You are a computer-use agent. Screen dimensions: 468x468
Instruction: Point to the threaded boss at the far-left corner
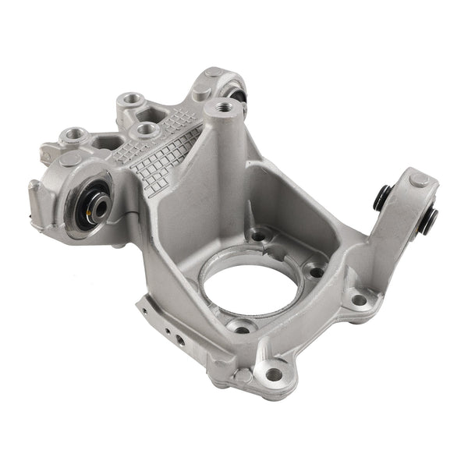pos(74,134)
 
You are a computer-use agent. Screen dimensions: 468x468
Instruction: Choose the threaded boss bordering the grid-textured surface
pos(145,129)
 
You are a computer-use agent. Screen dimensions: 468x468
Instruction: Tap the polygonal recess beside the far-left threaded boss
pos(106,143)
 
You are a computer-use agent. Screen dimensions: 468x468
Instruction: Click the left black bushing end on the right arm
pos(381,197)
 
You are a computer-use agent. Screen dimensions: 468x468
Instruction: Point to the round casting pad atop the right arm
pos(419,179)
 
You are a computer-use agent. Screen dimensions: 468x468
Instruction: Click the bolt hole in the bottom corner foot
pos(274,374)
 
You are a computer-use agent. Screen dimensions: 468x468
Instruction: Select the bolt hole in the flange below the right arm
pos(359,300)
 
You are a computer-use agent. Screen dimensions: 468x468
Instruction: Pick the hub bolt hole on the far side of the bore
pos(257,236)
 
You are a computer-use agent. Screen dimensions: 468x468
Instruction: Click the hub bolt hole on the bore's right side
pos(316,272)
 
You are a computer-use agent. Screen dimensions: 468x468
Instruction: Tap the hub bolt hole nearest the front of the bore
pos(243,328)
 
